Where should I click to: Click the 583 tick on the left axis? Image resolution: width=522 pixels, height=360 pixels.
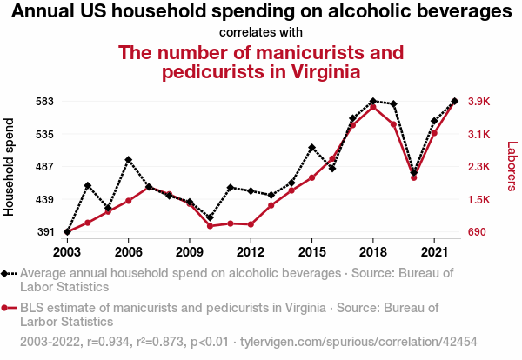43,101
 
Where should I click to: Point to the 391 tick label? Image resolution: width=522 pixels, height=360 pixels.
43,232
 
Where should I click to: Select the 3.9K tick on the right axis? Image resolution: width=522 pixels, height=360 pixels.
479,101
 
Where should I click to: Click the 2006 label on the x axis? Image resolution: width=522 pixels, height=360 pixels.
128,252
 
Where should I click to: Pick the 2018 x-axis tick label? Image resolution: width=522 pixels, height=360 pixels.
372,252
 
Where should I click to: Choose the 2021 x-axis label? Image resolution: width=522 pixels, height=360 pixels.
433,252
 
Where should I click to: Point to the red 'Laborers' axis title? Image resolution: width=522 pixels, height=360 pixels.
512,166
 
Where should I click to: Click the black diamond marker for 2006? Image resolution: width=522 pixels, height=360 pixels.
128,160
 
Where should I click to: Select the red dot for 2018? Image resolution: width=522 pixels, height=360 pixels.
372,107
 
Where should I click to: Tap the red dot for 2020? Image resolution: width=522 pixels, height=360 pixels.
413,177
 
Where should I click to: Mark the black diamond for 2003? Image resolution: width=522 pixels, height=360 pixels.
67,232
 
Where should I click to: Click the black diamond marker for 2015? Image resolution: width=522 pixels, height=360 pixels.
311,148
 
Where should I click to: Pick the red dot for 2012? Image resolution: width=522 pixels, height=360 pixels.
251,224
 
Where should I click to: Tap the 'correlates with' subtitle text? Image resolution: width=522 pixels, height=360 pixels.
261,32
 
